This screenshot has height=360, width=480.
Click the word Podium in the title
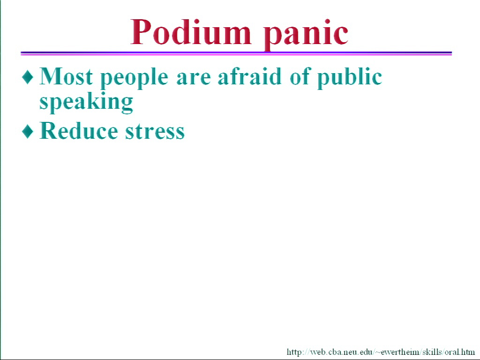pos(191,32)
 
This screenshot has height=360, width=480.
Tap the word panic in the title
pos(306,35)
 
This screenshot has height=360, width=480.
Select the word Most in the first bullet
pos(66,76)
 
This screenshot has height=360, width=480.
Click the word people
pos(134,78)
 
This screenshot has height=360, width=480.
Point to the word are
pos(194,78)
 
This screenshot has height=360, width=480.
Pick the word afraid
pos(249,76)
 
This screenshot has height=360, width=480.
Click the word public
pos(350,78)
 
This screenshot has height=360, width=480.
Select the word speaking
pos(86,102)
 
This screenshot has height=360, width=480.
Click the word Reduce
pos(79,131)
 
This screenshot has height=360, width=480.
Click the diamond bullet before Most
pos(28,77)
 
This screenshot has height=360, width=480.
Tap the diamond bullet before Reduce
pos(28,132)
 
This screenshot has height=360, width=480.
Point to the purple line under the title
pos(236,53)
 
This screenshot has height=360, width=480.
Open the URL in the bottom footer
pos(381,352)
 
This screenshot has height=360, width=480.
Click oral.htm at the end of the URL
pos(462,352)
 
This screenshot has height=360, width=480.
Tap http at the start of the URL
pos(294,352)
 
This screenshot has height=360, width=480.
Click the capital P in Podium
pos(142,32)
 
